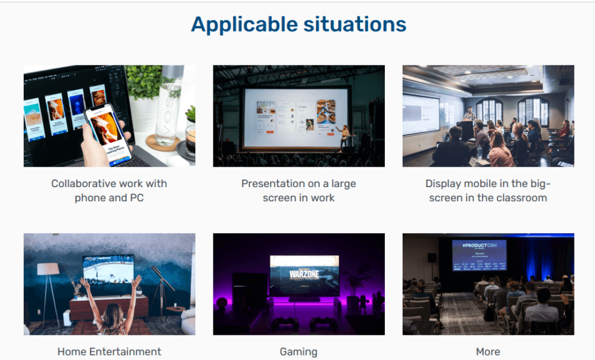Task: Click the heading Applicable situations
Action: tap(298, 24)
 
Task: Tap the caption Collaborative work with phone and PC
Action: tap(109, 190)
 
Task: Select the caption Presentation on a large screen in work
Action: tap(298, 190)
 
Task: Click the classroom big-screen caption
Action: tap(488, 190)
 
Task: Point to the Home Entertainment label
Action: tap(109, 352)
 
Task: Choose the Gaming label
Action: tap(298, 352)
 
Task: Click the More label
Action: tap(488, 352)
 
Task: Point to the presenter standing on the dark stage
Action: tap(345, 136)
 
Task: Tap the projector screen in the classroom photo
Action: tap(421, 114)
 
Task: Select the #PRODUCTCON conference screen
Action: tap(479, 255)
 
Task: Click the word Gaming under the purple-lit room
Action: tap(298, 352)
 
